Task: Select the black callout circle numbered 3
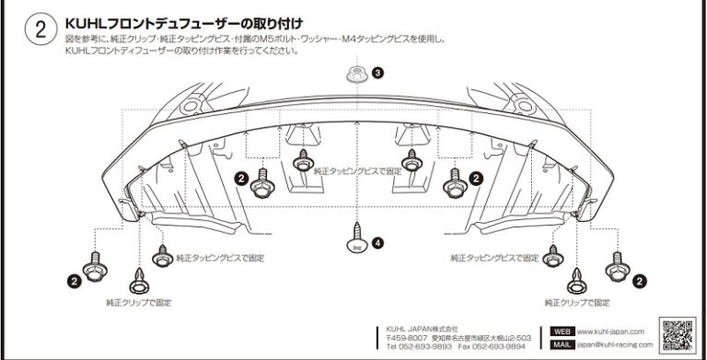377,71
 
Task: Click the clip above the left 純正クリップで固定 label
137,276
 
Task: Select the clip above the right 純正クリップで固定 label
576,276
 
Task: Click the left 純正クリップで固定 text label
138,302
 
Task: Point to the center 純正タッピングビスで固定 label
358,171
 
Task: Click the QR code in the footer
678,333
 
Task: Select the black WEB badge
562,331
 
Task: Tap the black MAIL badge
562,344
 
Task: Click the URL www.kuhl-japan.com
611,331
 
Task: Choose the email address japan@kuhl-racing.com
615,344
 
